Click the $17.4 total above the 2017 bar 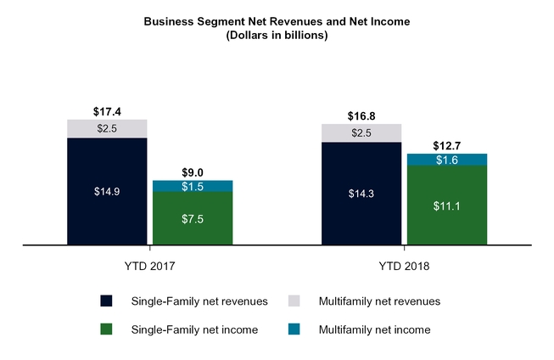coord(107,111)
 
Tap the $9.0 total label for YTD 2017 coord(193,172)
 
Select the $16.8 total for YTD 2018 coord(361,115)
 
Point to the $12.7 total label coord(447,145)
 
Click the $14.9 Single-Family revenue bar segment coord(107,191)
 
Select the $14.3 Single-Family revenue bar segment coord(361,194)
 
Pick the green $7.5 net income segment coord(193,219)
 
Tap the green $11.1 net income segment coord(447,205)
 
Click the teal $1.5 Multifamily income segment coord(193,187)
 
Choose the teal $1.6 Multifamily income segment coord(447,160)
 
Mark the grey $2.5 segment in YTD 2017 coord(107,128)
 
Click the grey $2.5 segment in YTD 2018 coord(361,132)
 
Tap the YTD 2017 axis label coord(149,267)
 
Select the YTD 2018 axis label coord(405,267)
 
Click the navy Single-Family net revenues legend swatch coord(106,301)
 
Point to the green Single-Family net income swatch coord(106,329)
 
